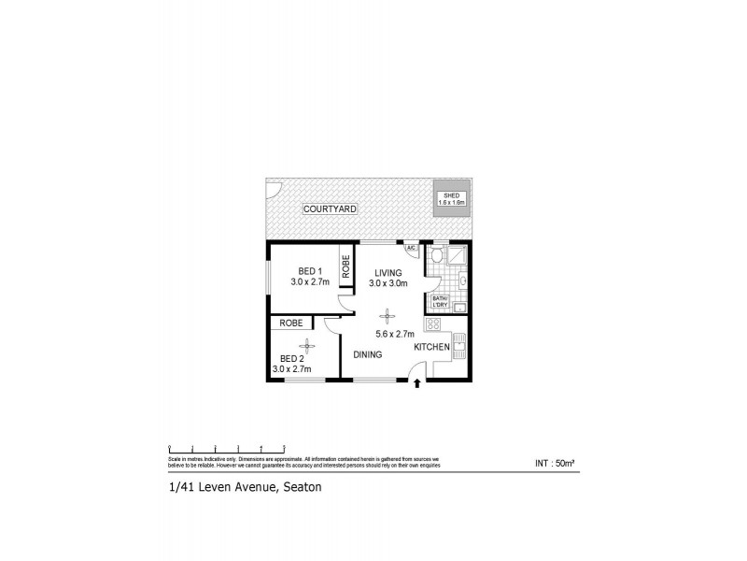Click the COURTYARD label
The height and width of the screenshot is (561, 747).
click(331, 209)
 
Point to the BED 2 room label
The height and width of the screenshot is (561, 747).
click(292, 358)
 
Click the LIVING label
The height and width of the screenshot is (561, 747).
click(384, 272)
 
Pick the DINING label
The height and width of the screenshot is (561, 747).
click(368, 354)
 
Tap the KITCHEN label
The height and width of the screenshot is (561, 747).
click(432, 347)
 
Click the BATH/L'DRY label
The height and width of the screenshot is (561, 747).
click(440, 302)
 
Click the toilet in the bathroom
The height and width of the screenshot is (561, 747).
click(438, 255)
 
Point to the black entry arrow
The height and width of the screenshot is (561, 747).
click(416, 383)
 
